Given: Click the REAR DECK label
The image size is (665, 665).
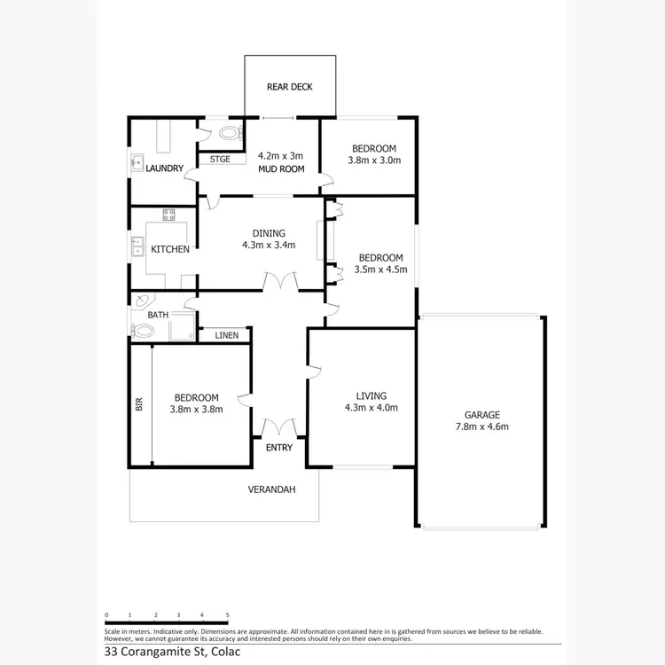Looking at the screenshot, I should [x=290, y=87].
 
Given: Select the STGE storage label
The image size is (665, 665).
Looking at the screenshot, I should [x=220, y=160].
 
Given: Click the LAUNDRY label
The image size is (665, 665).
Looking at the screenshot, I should [x=164, y=168].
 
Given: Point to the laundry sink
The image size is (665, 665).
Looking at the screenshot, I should [x=137, y=162].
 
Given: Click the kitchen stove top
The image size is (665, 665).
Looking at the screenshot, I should [x=168, y=214].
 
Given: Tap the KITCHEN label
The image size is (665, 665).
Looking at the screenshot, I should [x=170, y=249].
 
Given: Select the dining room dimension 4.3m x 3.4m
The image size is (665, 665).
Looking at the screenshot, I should [x=268, y=246].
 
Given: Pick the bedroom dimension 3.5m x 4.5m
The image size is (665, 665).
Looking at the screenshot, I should [x=380, y=270].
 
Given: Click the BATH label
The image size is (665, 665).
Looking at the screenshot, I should [x=158, y=315].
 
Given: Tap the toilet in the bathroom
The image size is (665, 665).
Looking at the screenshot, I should [x=142, y=332].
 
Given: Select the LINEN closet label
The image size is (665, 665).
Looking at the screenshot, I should [x=226, y=335].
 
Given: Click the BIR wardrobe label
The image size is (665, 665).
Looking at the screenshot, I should [x=139, y=404].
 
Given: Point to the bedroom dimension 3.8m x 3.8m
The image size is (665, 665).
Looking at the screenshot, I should [x=197, y=409].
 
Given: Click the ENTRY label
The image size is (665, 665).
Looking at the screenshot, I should [x=279, y=448].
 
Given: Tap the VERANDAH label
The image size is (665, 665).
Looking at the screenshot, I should [x=270, y=489].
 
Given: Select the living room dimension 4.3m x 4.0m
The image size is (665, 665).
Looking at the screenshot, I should [x=371, y=408].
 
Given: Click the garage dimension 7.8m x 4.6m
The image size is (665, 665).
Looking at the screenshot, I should [x=482, y=426].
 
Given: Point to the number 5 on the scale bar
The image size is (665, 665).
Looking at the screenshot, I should [x=228, y=614].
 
